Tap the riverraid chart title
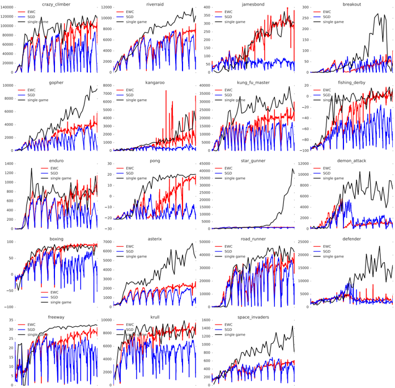[x=155, y=4]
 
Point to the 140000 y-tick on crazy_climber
[x=7, y=7]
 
